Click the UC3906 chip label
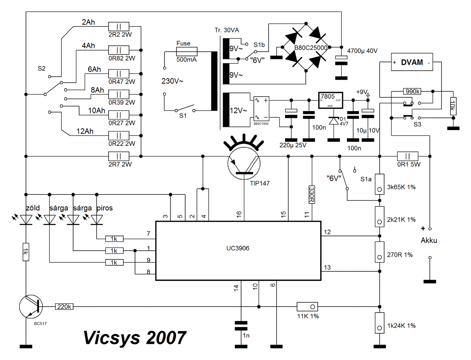click(x=238, y=248)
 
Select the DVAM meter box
click(x=412, y=62)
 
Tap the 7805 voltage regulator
click(x=330, y=100)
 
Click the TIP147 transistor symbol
click(x=244, y=163)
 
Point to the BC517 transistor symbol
click(x=31, y=306)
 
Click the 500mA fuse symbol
click(x=187, y=51)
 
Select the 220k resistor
click(x=64, y=307)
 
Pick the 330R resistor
click(x=312, y=194)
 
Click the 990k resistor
click(x=412, y=91)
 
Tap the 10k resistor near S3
click(x=453, y=106)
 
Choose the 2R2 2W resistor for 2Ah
click(x=119, y=26)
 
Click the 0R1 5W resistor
click(x=407, y=156)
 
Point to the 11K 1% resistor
click(x=307, y=307)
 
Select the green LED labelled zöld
click(x=26, y=220)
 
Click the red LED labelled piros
click(x=97, y=220)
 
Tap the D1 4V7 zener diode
click(x=334, y=121)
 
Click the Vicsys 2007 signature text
click(x=135, y=337)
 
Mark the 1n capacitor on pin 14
click(x=241, y=326)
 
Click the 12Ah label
click(x=85, y=131)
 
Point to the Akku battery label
click(x=429, y=240)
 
